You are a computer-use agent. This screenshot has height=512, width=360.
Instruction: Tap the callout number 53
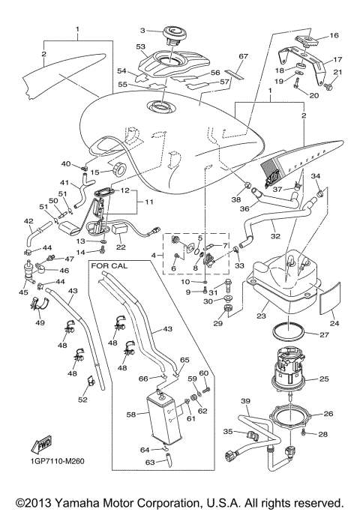click(x=139, y=46)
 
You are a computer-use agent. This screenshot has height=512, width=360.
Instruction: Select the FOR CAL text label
click(x=107, y=265)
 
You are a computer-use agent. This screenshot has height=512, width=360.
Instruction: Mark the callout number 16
click(x=334, y=35)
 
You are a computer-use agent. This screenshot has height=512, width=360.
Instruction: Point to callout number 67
click(x=242, y=56)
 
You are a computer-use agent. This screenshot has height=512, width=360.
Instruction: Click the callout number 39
click(x=244, y=402)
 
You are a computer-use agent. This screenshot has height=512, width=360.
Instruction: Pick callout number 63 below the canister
click(x=149, y=463)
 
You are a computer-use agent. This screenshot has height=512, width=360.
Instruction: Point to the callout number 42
click(x=28, y=221)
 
